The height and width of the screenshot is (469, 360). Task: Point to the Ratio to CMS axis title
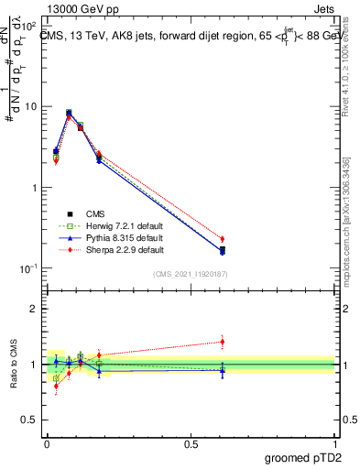point(12,366)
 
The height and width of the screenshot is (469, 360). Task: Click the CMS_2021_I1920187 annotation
point(191,274)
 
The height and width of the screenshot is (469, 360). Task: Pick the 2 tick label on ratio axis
point(33,309)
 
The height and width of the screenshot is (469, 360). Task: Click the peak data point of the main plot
point(70,114)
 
